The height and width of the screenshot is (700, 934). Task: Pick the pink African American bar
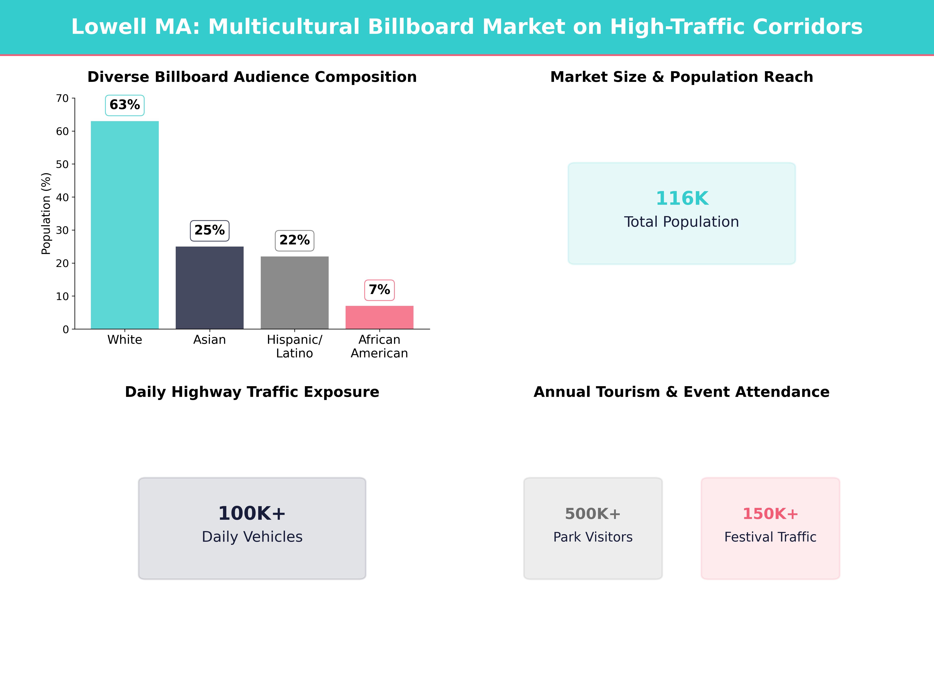(379, 317)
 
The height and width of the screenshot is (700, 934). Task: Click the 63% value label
(125, 105)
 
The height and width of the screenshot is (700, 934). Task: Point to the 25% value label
(209, 230)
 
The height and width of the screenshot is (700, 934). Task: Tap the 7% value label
(379, 290)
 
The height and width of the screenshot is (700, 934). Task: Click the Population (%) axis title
(46, 213)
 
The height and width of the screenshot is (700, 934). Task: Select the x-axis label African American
(379, 346)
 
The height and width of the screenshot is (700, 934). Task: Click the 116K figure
(681, 198)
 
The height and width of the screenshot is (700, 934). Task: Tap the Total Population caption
(681, 222)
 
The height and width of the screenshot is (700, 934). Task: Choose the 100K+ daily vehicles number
(252, 514)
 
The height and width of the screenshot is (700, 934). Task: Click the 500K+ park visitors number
(593, 514)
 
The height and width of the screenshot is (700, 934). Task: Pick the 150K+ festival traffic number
(770, 514)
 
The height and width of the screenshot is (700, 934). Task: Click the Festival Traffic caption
(770, 537)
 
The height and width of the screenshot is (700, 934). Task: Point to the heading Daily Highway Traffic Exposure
(252, 392)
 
